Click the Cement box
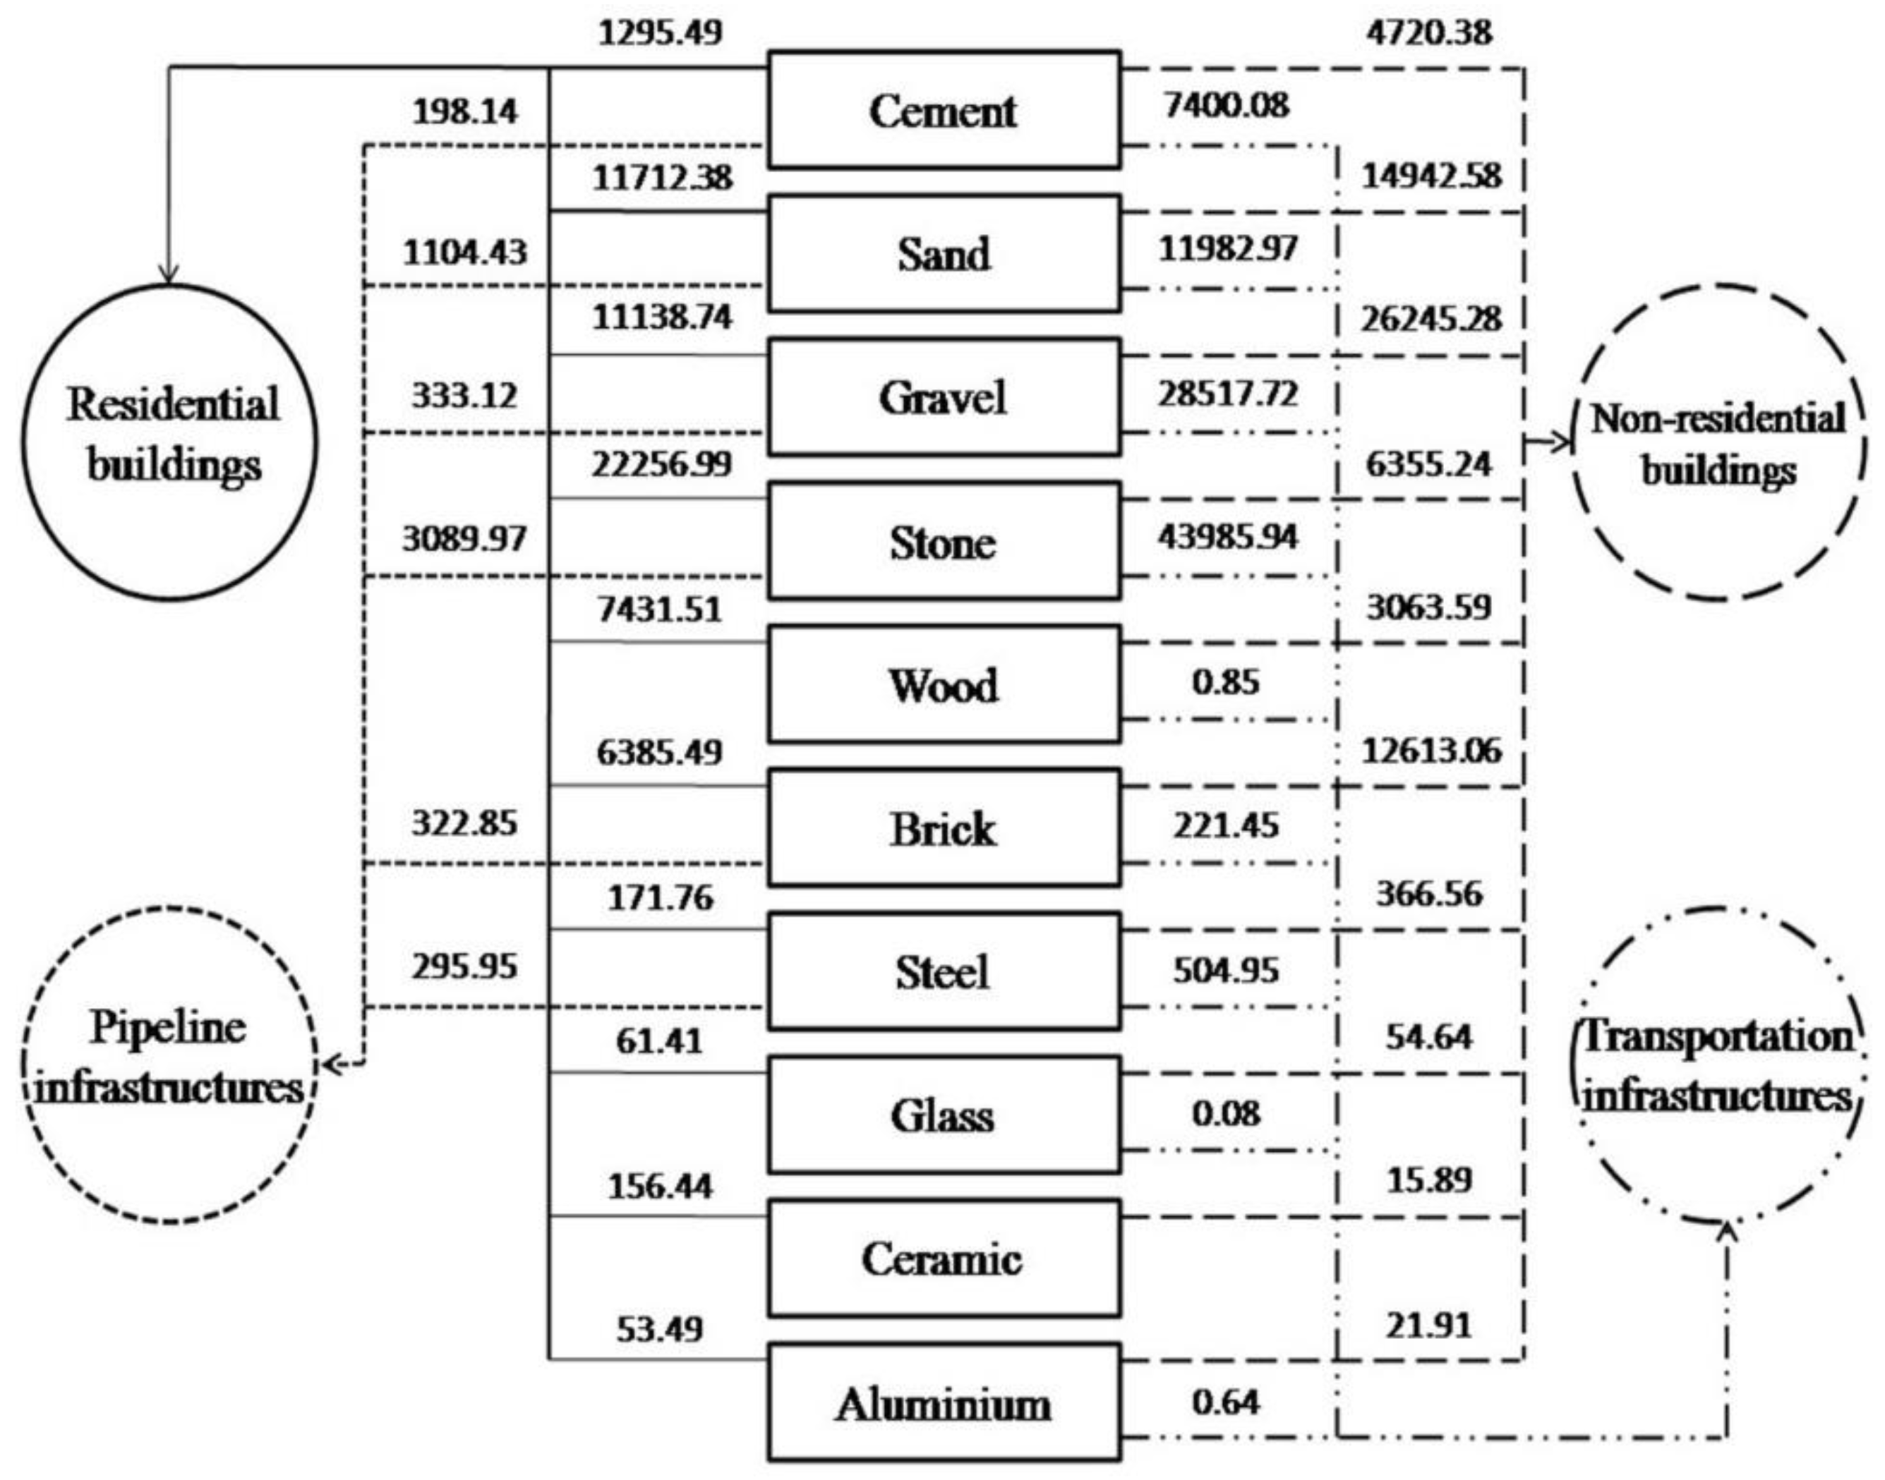(943, 111)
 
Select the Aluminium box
(943, 1403)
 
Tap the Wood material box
(943, 684)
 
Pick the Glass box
(943, 1115)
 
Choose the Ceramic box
(943, 1258)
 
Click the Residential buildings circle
(170, 442)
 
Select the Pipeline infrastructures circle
(170, 1065)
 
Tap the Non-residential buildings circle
(1718, 442)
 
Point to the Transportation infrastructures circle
(1718, 1065)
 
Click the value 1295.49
(661, 34)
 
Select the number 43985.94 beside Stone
(1227, 538)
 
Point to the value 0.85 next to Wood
(1224, 682)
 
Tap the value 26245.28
(1430, 320)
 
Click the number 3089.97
(464, 539)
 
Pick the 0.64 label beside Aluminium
(1225, 1401)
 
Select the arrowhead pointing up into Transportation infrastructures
(1727, 1230)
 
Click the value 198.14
(465, 111)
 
